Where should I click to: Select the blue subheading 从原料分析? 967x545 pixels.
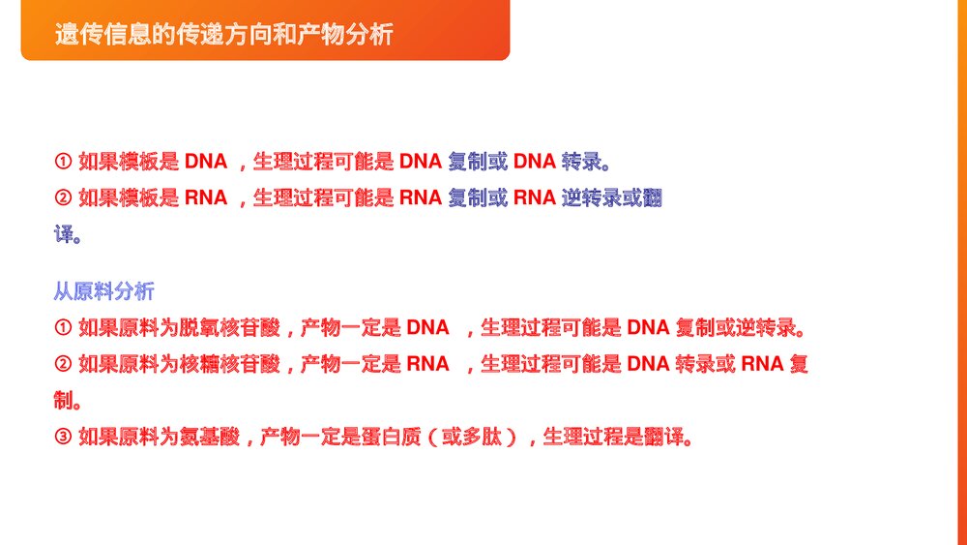103,291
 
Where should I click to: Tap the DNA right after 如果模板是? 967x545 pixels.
206,161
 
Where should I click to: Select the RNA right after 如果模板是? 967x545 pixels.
206,198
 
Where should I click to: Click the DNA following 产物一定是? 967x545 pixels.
428,328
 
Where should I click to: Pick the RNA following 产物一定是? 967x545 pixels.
428,364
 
